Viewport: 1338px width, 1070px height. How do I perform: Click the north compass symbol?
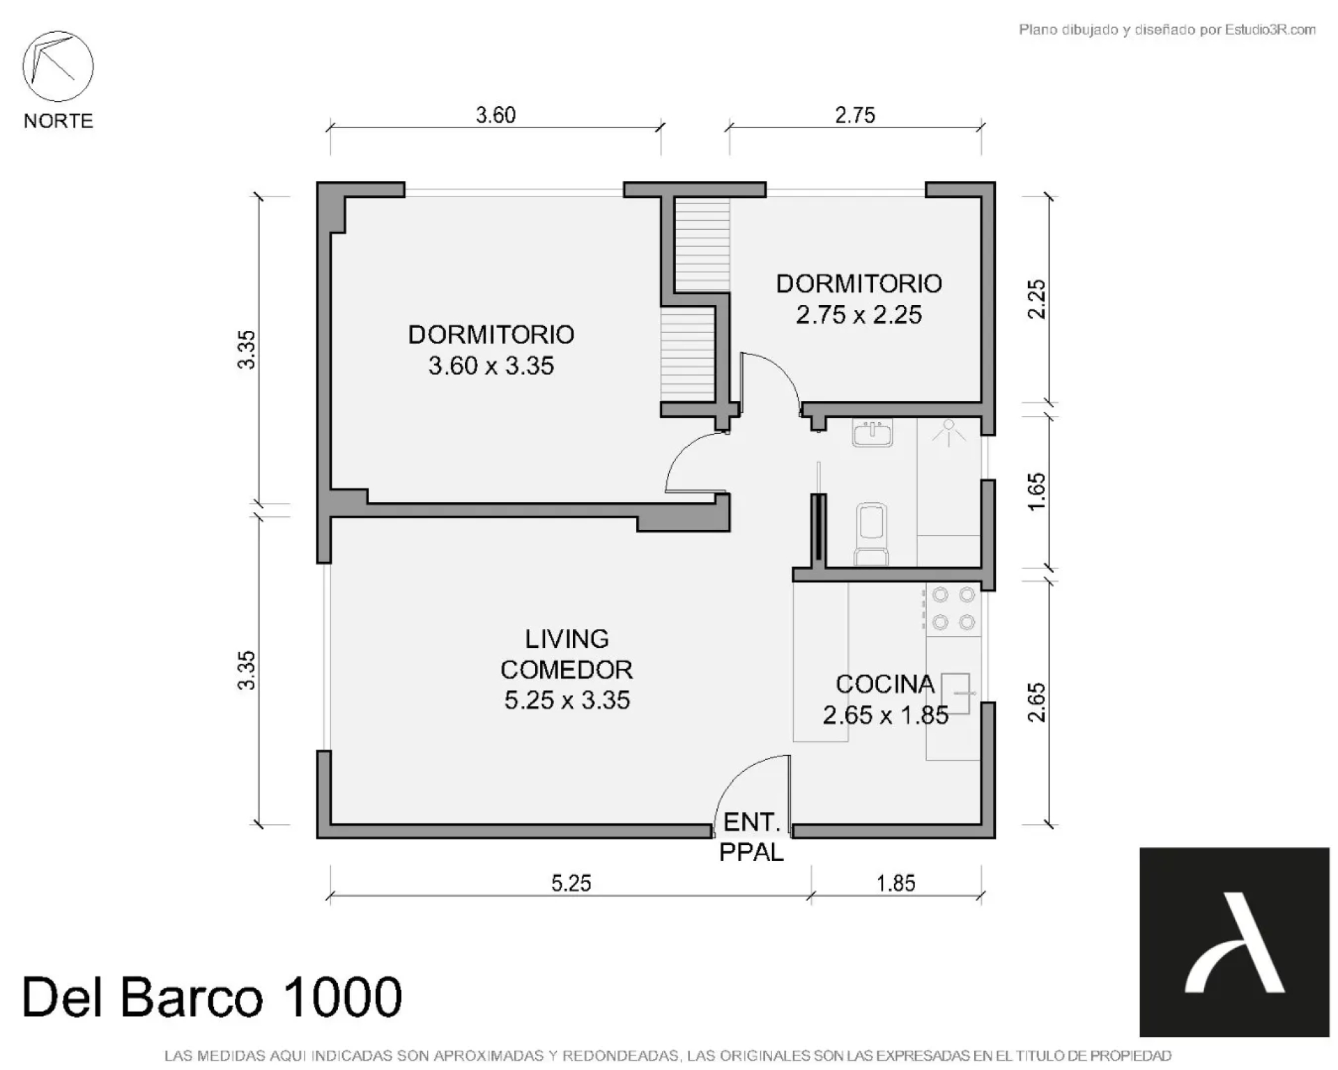(x=58, y=66)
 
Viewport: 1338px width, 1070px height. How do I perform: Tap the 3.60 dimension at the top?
(x=495, y=115)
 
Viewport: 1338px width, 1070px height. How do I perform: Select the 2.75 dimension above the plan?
(x=855, y=115)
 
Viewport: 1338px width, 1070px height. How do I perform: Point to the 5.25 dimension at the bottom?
(x=571, y=883)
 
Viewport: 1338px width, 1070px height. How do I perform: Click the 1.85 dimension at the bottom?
(x=895, y=883)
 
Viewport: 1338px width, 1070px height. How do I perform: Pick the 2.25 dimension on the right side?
(x=1037, y=300)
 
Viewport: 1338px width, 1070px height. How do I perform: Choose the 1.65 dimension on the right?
(x=1037, y=492)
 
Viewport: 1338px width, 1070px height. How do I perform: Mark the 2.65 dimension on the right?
(x=1037, y=703)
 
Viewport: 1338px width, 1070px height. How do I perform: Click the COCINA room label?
(x=885, y=684)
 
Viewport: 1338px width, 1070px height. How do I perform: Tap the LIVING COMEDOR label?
(x=567, y=654)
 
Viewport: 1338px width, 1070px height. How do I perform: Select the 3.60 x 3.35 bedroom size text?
(x=491, y=366)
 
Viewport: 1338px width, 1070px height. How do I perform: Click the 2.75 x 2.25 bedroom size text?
(x=859, y=315)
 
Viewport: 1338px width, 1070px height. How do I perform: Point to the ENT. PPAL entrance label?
(x=751, y=837)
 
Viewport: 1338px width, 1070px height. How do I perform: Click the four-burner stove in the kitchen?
(x=953, y=609)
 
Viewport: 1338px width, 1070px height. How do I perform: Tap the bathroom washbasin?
(x=872, y=433)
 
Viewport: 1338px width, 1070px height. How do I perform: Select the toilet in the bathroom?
(x=871, y=534)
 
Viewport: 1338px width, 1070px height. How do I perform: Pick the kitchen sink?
(x=955, y=693)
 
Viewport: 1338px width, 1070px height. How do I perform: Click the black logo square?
(x=1234, y=942)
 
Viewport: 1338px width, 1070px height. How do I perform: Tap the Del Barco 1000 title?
(x=213, y=997)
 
